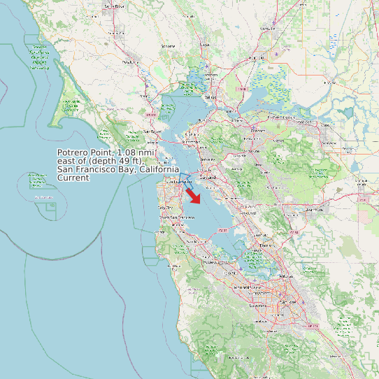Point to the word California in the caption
(x=161, y=169)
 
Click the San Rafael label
(x=152, y=131)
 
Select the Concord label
(x=259, y=131)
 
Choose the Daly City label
(x=166, y=208)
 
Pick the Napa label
(x=205, y=45)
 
